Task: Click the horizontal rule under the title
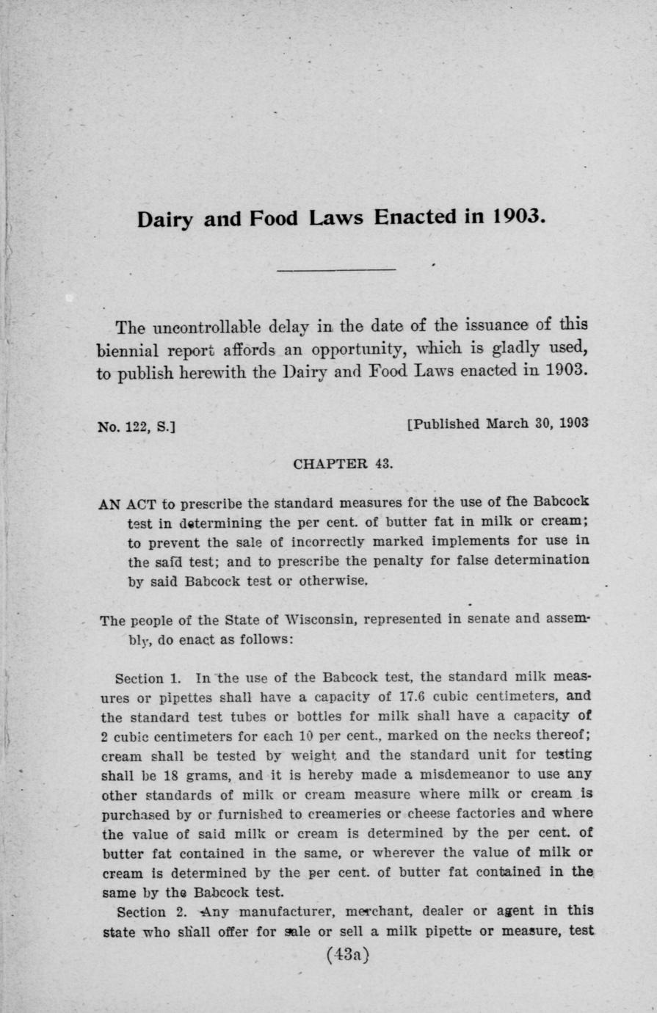tap(336, 269)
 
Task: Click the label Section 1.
tap(143, 675)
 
